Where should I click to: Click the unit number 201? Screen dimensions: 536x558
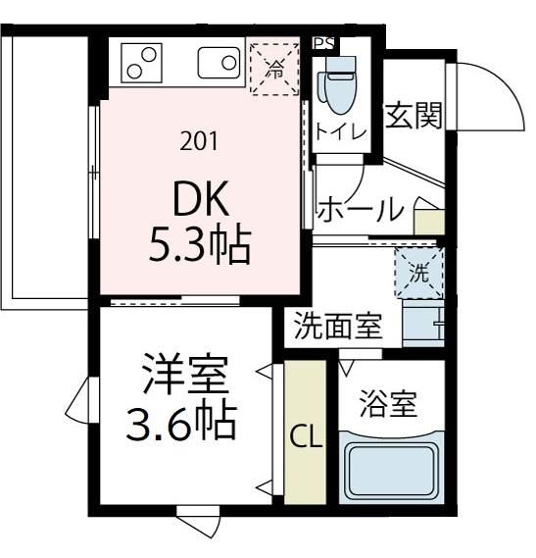coord(199,141)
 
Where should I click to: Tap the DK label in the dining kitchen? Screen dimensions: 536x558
coord(201,198)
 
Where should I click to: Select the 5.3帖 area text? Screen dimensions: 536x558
coord(200,244)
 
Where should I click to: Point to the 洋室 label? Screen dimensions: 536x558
coord(185,374)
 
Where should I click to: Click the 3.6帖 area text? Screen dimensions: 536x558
coord(181,420)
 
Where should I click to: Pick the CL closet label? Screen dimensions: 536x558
coord(306,436)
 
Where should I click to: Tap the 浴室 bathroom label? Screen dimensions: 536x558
coord(388,404)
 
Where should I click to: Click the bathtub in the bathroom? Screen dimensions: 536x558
coord(392,468)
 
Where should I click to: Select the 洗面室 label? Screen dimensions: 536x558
coord(338,326)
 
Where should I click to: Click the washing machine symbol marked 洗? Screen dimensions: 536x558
coord(419,274)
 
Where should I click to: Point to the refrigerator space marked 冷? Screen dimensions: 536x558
coord(274,70)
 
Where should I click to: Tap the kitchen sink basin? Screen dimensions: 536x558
coord(219,63)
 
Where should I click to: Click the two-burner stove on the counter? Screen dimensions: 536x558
coord(141,63)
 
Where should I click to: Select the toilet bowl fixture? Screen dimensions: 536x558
coord(339,85)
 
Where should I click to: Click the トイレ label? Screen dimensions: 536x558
coord(341,131)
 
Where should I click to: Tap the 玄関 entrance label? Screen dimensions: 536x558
coord(414,115)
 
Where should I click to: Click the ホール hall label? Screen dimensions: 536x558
coord(361,209)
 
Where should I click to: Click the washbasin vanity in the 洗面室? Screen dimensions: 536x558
coord(423,323)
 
